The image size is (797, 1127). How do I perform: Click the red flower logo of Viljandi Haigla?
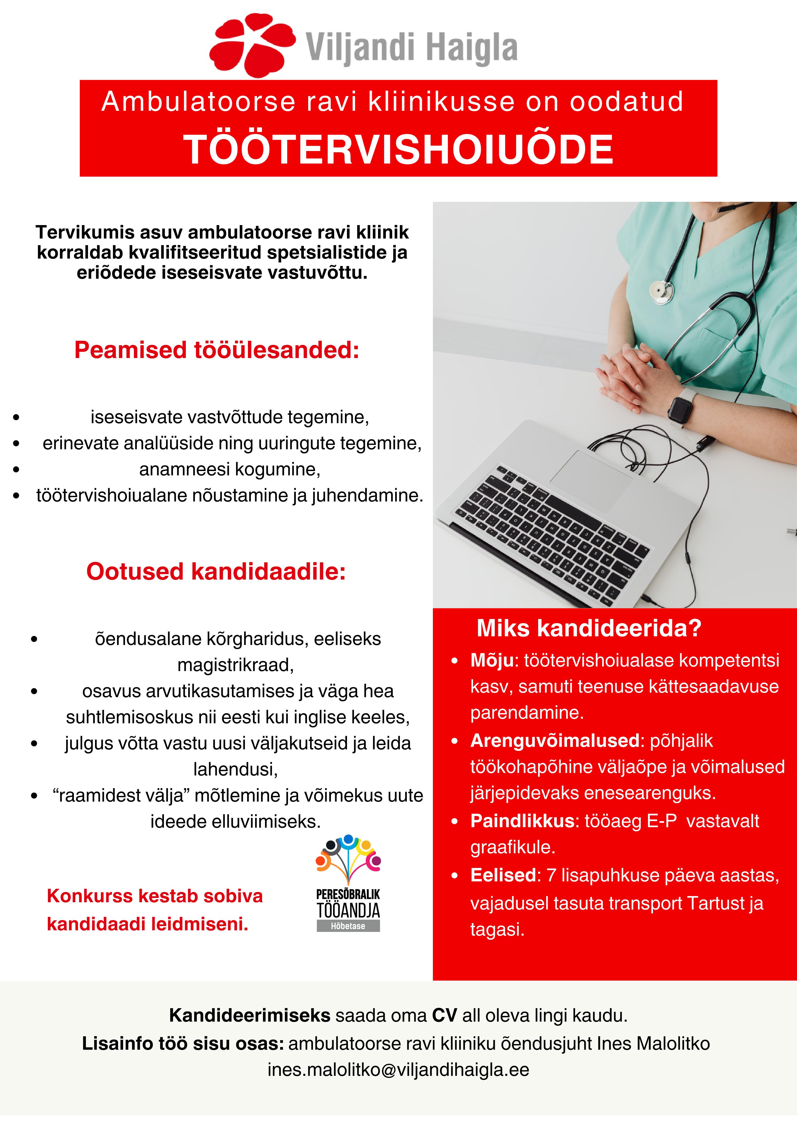[x=251, y=45]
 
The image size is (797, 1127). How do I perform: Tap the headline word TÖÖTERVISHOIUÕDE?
[x=398, y=149]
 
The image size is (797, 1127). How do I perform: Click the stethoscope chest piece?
[x=660, y=291]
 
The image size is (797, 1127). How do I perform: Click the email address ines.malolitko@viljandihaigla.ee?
[x=398, y=1069]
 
